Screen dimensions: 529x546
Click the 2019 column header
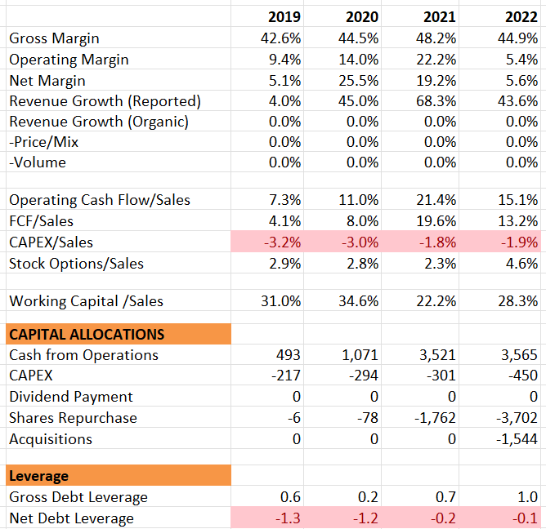(x=284, y=17)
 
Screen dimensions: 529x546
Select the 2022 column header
(x=521, y=17)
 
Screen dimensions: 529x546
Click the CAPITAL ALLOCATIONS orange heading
(x=87, y=334)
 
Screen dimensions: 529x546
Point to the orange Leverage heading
(x=38, y=475)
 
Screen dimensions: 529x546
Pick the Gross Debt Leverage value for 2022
(x=528, y=496)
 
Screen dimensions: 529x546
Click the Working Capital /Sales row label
(x=86, y=301)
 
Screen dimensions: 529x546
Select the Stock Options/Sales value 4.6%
(x=522, y=263)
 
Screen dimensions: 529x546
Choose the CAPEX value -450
(x=525, y=376)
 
